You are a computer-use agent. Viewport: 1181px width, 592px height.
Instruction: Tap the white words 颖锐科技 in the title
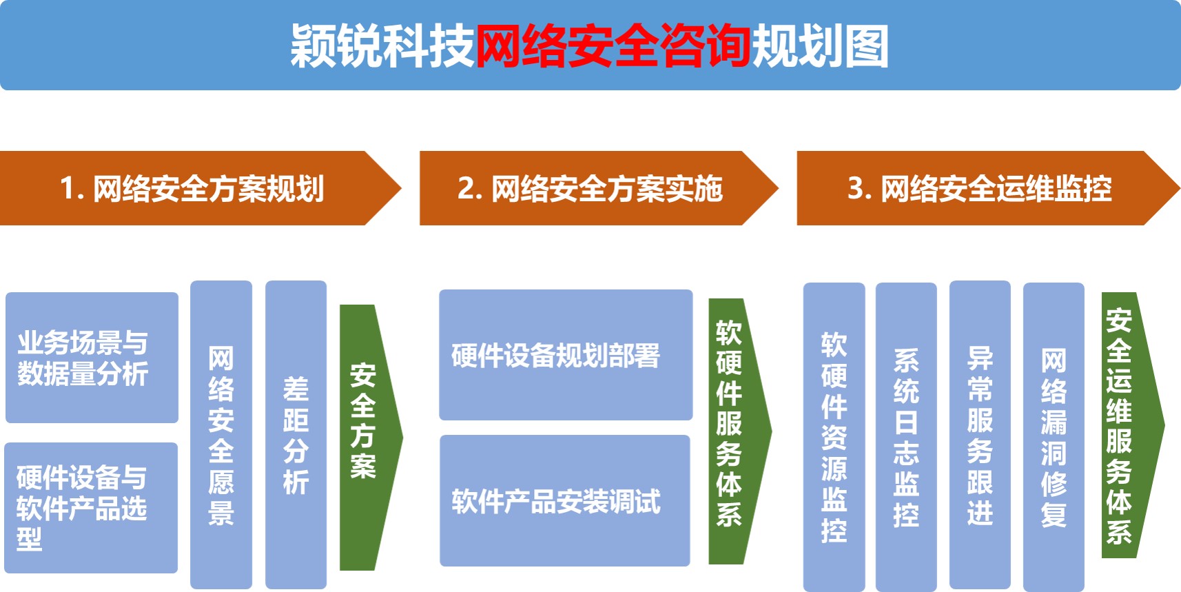pos(383,46)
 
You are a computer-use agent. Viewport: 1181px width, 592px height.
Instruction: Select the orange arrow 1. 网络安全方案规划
pos(201,188)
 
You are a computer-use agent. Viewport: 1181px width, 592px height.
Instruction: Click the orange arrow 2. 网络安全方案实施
pos(599,188)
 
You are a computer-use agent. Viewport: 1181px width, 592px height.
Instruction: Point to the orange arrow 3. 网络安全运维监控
pos(988,188)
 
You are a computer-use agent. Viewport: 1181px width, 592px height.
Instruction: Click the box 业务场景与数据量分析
pos(92,358)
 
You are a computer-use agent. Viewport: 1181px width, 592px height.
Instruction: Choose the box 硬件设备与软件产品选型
pos(91,508)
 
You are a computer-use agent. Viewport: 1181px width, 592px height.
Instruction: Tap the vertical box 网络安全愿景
pos(221,435)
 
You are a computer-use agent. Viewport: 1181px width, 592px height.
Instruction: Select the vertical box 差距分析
pos(296,435)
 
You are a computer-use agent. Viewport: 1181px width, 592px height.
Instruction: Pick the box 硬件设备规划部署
pos(566,355)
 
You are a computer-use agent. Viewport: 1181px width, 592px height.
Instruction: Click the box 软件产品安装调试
pos(565,501)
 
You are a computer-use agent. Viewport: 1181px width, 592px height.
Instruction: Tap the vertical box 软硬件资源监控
pos(834,437)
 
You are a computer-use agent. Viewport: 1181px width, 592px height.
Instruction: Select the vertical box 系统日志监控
pos(906,437)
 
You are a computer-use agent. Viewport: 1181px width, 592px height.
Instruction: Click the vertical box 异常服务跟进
pos(980,435)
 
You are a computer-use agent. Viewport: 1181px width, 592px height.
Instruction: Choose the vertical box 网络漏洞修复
pos(1054,437)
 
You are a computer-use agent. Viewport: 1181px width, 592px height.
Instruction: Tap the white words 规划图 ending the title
pos(820,46)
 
